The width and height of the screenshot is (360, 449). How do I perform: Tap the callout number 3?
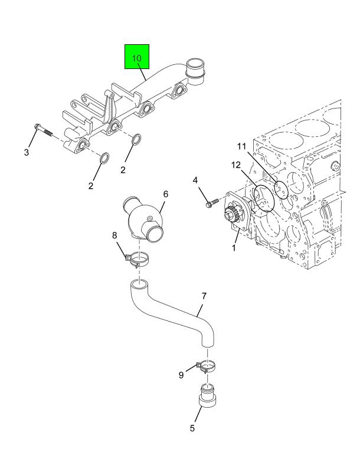point(27,153)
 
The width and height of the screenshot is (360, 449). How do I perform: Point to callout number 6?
point(166,194)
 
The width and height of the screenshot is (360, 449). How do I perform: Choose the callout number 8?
point(115,236)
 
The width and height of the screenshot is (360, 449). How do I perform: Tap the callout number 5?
point(192,428)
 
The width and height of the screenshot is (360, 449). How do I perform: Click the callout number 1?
point(234,248)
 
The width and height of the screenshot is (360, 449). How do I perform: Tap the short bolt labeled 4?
point(208,202)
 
